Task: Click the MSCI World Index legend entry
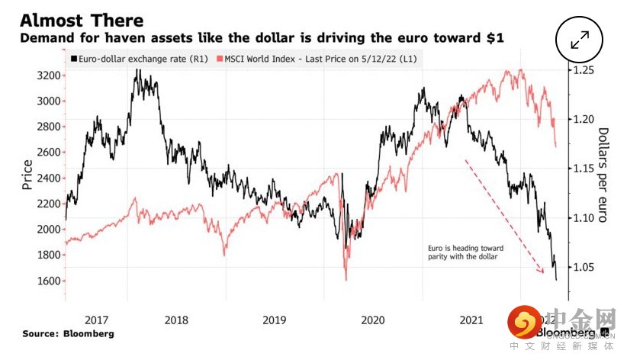point(320,59)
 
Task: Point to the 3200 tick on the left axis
point(48,76)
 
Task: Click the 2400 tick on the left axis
point(48,178)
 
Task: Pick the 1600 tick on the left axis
point(48,281)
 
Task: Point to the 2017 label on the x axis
point(97,322)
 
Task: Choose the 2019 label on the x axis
point(274,322)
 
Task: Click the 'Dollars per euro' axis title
point(603,175)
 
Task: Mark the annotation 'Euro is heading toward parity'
point(461,252)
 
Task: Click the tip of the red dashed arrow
point(544,272)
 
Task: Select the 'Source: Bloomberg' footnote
point(69,334)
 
